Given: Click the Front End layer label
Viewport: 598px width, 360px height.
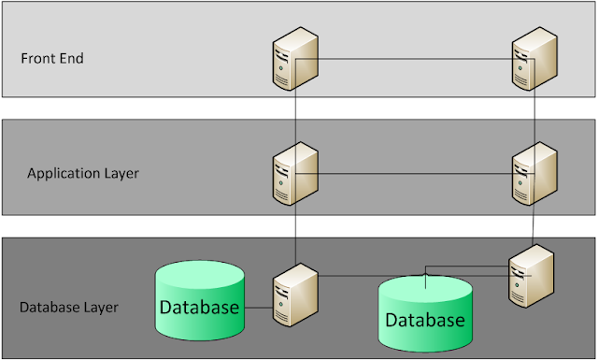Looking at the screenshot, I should point(52,58).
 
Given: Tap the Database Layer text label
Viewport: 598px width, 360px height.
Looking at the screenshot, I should point(66,307).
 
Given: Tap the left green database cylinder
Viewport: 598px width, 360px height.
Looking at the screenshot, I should point(199,299).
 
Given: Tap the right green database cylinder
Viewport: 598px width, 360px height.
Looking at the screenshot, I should point(424,315).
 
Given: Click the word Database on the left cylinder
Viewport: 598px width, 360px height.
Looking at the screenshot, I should point(199,307).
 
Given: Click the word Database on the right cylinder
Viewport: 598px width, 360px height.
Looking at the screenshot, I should point(425,321).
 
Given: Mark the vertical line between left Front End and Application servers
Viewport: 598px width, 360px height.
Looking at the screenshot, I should point(295,117).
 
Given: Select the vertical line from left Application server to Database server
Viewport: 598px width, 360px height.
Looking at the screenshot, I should point(295,234).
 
